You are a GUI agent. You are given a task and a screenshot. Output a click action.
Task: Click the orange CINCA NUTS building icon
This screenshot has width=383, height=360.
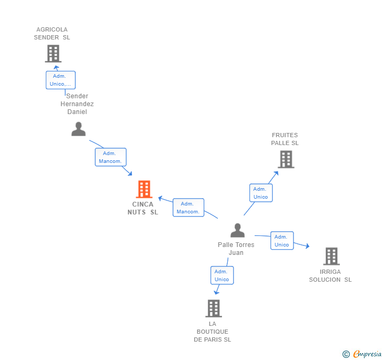point(144,189)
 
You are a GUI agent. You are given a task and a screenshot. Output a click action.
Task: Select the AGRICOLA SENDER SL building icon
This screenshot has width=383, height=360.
point(53,54)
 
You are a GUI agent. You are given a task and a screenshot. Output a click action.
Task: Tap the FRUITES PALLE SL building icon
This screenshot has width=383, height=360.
point(286,159)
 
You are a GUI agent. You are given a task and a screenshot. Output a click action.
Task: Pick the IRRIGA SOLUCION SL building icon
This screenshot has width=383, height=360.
point(331,256)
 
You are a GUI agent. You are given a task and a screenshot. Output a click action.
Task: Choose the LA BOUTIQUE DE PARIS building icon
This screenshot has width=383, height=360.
point(214,308)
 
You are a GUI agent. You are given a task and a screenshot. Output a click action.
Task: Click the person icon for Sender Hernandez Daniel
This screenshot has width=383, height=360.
point(78,129)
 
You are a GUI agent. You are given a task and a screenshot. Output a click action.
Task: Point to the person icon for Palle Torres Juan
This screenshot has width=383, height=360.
point(237,231)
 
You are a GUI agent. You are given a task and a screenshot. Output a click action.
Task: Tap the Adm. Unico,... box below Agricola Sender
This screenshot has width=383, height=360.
point(61,80)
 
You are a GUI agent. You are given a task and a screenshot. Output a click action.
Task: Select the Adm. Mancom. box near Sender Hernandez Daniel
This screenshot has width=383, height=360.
point(110,157)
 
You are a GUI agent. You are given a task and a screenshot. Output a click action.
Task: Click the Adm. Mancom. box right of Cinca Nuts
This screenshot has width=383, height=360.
point(188,208)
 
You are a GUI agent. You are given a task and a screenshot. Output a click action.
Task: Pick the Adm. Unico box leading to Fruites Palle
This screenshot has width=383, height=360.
point(260,193)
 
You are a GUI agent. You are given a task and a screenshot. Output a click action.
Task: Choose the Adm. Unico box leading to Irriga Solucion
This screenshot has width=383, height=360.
point(281,241)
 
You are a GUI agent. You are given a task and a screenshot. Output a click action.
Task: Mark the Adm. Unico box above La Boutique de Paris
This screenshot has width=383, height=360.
point(222,275)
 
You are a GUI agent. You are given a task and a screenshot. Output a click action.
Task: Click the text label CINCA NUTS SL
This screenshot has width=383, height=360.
point(143,209)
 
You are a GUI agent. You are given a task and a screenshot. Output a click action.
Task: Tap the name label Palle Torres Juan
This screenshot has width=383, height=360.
point(236,249)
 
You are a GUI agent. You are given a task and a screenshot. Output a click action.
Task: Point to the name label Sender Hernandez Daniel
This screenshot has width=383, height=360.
point(77,104)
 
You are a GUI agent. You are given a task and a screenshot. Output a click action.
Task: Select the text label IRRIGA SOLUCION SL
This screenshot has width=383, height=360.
point(330,276)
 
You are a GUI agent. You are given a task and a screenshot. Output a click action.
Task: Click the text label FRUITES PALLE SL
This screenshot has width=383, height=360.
point(285,139)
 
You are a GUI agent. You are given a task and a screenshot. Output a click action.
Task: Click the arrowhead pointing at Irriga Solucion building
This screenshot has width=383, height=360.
point(307,246)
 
